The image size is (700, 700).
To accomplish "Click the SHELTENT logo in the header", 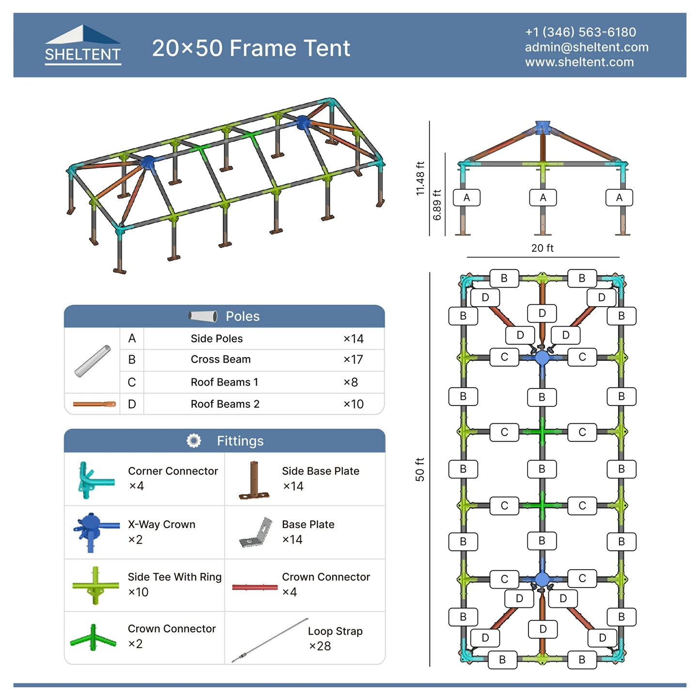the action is [x=83, y=45].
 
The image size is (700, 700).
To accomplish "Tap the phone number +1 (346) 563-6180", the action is [x=580, y=32].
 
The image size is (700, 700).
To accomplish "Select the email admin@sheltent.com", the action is [x=587, y=47].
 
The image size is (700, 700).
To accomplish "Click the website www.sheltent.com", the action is [x=579, y=62].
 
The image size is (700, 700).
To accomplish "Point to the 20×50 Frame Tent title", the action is [x=251, y=48].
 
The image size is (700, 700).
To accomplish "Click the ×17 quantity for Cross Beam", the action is [x=354, y=359].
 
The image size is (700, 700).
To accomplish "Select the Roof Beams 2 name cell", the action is [x=225, y=404].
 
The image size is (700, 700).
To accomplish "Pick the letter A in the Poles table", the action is [x=132, y=338].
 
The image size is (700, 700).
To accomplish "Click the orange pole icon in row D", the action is [x=94, y=404].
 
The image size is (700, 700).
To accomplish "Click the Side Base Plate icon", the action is [x=254, y=480].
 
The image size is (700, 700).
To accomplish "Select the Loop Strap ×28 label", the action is [x=335, y=638].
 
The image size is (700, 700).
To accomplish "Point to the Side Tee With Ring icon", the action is [x=95, y=585].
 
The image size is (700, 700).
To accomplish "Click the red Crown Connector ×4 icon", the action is [x=255, y=587].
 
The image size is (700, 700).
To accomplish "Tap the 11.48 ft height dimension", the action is [x=420, y=178].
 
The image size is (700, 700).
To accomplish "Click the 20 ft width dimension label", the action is [x=543, y=248].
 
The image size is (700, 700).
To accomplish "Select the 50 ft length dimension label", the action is [x=420, y=469].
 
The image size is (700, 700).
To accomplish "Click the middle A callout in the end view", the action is [x=543, y=198].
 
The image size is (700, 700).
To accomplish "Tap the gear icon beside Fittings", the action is [x=194, y=441].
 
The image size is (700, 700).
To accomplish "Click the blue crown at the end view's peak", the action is [x=543, y=127].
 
